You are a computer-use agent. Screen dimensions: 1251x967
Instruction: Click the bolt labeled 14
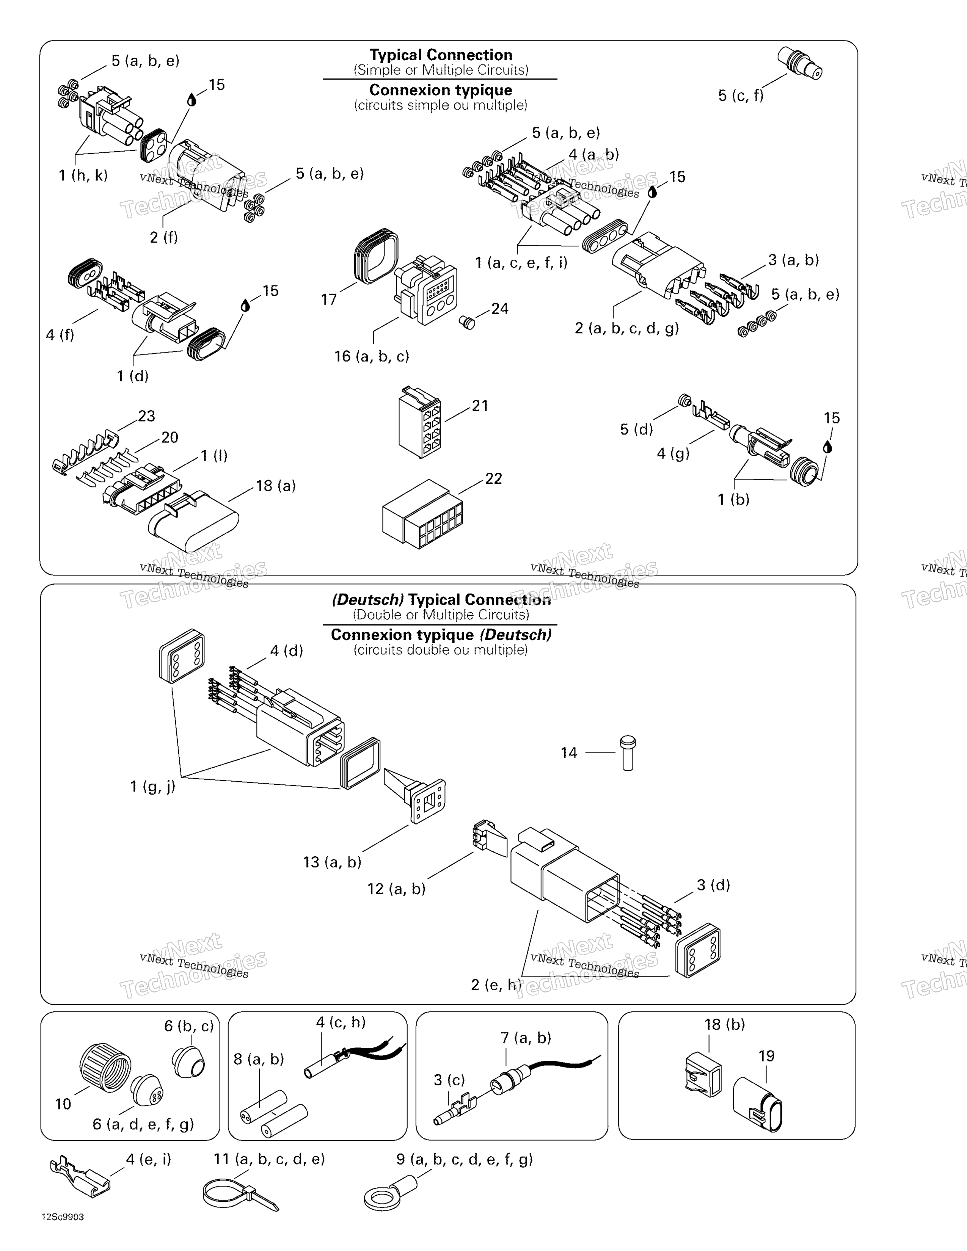click(x=628, y=753)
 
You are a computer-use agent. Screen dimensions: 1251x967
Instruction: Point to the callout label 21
click(x=480, y=406)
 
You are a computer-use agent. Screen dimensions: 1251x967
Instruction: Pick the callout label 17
click(x=329, y=299)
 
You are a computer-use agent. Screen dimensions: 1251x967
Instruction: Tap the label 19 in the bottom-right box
click(x=766, y=1056)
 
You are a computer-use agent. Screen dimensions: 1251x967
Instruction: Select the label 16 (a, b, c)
click(x=372, y=356)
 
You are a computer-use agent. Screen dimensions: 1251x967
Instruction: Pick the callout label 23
click(x=147, y=416)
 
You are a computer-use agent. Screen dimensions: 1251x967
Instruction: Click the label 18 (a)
click(x=276, y=486)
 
